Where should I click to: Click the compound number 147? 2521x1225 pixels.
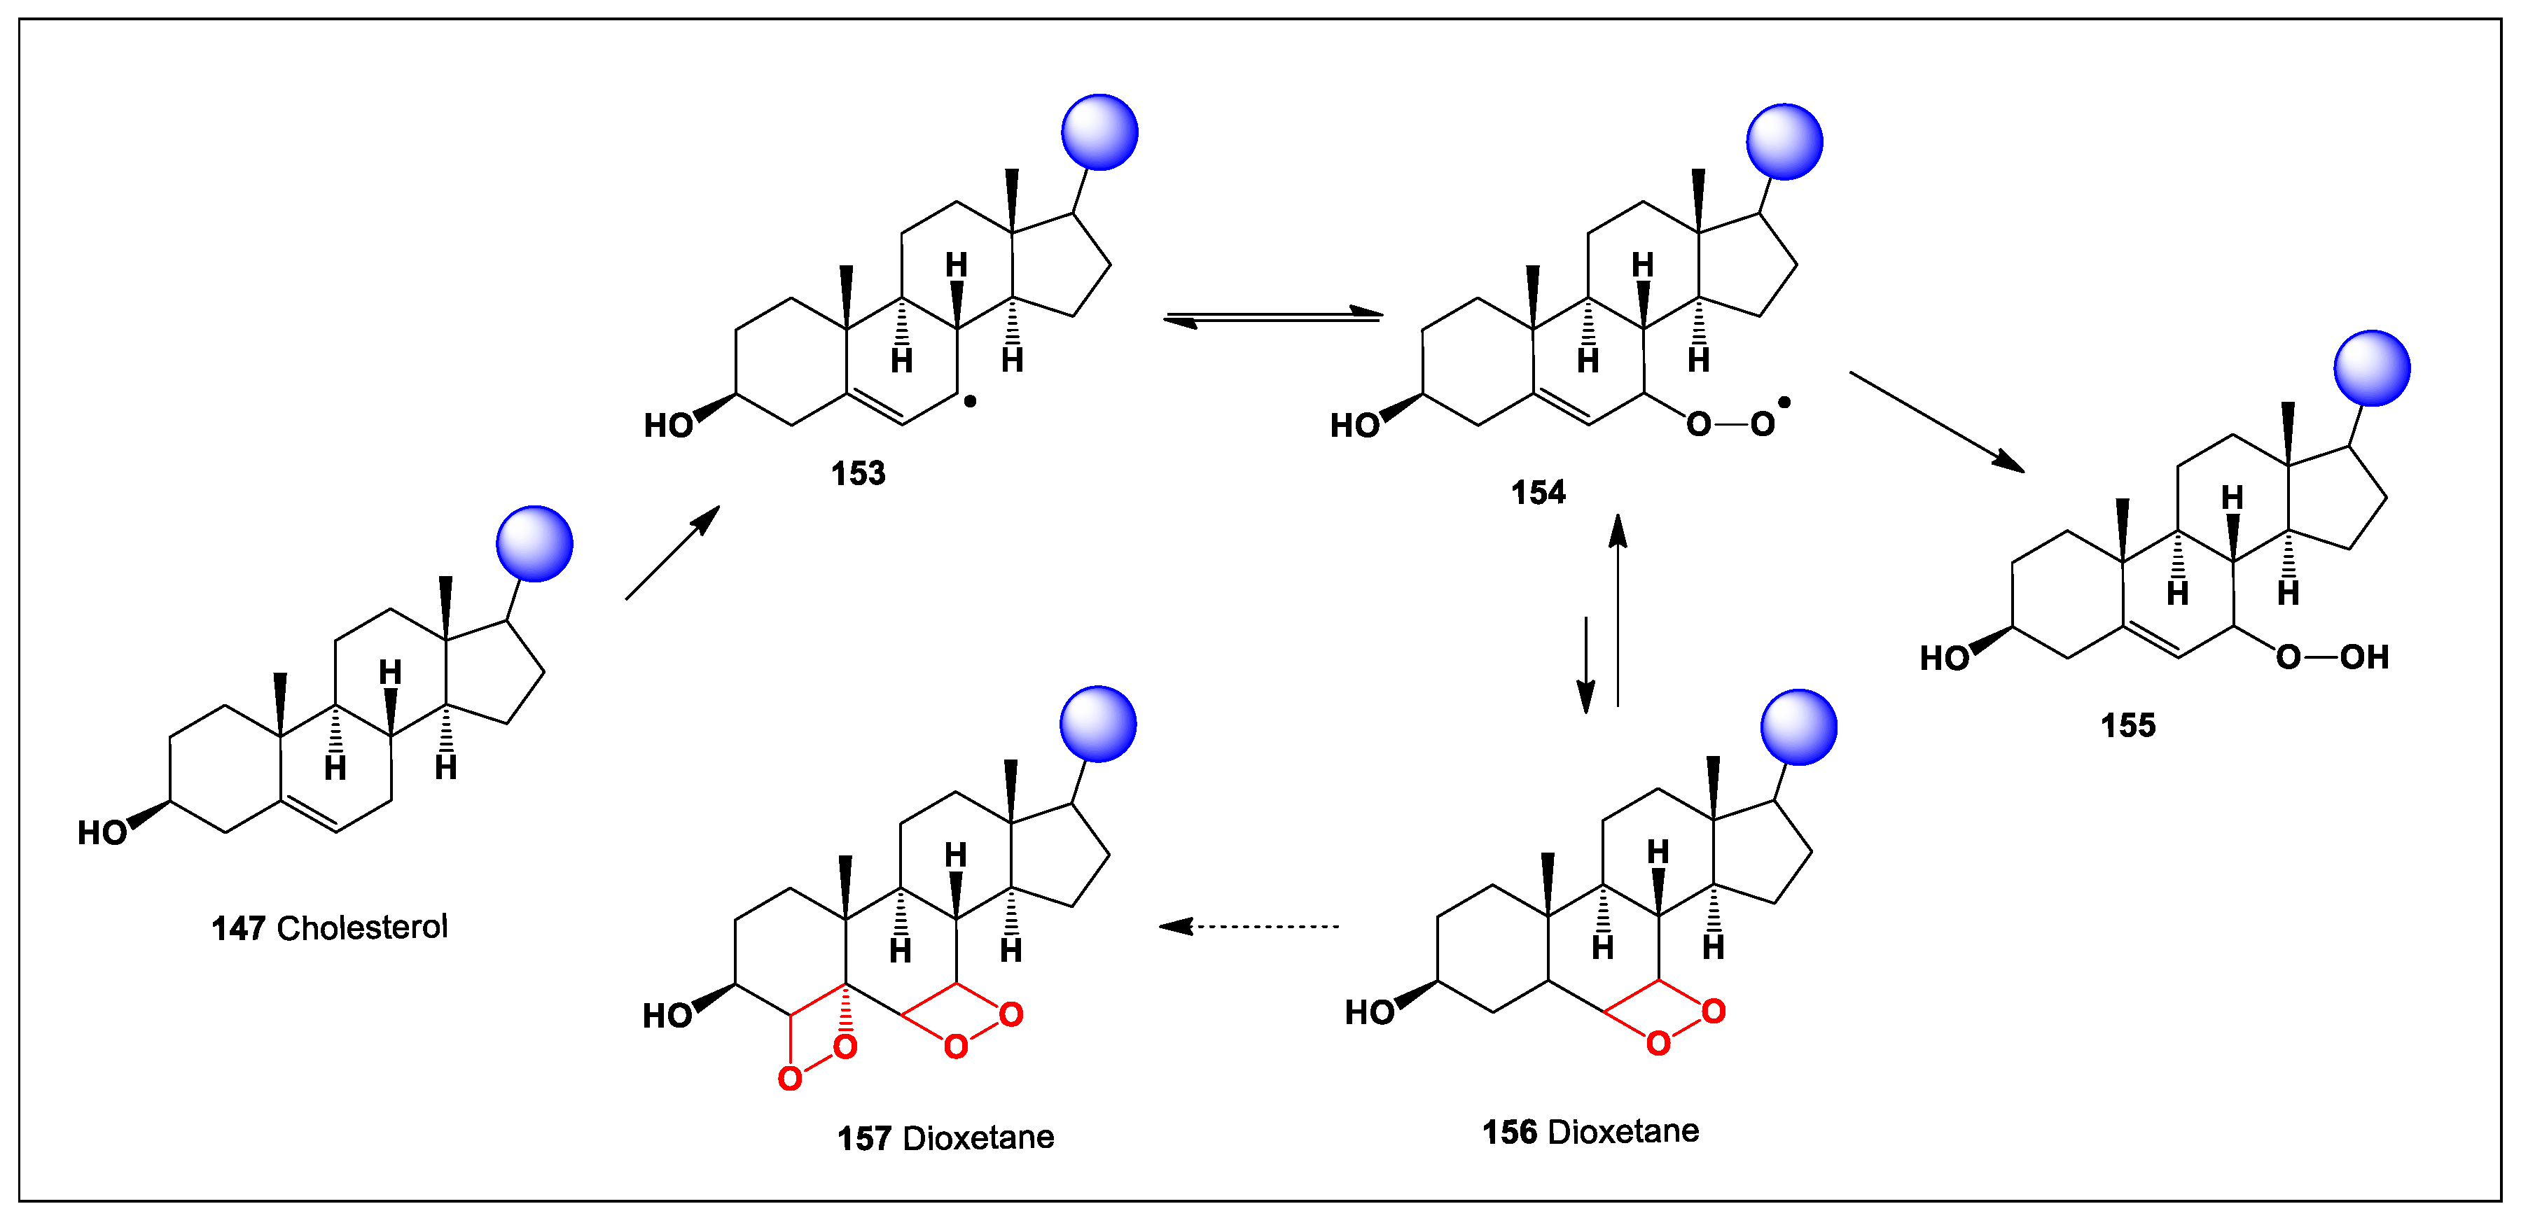pos(238,927)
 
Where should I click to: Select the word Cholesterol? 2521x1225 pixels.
pos(362,927)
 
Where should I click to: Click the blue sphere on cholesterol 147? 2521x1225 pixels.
pos(534,544)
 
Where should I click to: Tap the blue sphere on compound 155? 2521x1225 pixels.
pos(2371,368)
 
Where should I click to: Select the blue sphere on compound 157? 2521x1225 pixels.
pos(1098,724)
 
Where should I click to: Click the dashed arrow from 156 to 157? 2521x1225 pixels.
pos(1248,925)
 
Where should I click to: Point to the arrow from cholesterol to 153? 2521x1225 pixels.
pos(672,553)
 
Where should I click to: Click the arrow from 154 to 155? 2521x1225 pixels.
pos(1936,421)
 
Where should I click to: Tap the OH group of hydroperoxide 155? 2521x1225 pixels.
pos(2364,657)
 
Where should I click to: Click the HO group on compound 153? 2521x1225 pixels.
pos(669,426)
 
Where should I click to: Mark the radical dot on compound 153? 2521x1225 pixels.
pos(970,401)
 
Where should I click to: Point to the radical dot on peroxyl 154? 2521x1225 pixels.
pos(1784,402)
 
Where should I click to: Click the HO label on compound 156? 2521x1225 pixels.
pos(1369,1013)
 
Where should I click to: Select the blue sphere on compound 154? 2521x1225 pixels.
pos(1784,142)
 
